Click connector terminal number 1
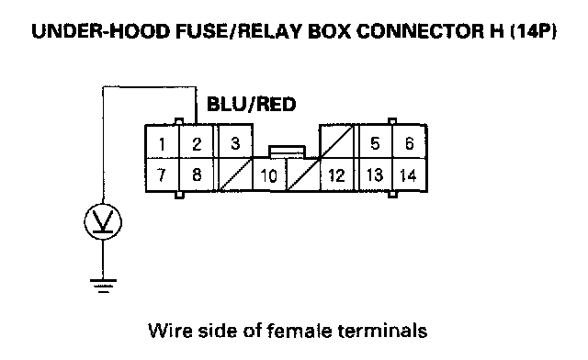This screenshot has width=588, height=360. pyautogui.click(x=162, y=142)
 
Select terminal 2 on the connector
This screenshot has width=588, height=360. pyautogui.click(x=197, y=142)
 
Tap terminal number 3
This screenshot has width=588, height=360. pyautogui.click(x=235, y=141)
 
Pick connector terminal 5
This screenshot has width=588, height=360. pyautogui.click(x=375, y=142)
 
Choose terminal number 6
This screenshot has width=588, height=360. pyautogui.click(x=410, y=142)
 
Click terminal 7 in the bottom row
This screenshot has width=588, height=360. pyautogui.click(x=162, y=175)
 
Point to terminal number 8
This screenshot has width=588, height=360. pyautogui.click(x=197, y=175)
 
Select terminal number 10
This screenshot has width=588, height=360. pyautogui.click(x=269, y=175)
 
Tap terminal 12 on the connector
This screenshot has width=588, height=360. pyautogui.click(x=337, y=175)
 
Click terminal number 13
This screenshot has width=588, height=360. pyautogui.click(x=375, y=175)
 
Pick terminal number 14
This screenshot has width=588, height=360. pyautogui.click(x=410, y=175)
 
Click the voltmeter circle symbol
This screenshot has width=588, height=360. pyautogui.click(x=103, y=222)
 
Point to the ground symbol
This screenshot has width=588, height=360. pyautogui.click(x=103, y=286)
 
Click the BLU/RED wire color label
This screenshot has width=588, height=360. pyautogui.click(x=251, y=105)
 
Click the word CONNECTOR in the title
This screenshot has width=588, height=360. pyautogui.click(x=420, y=31)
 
